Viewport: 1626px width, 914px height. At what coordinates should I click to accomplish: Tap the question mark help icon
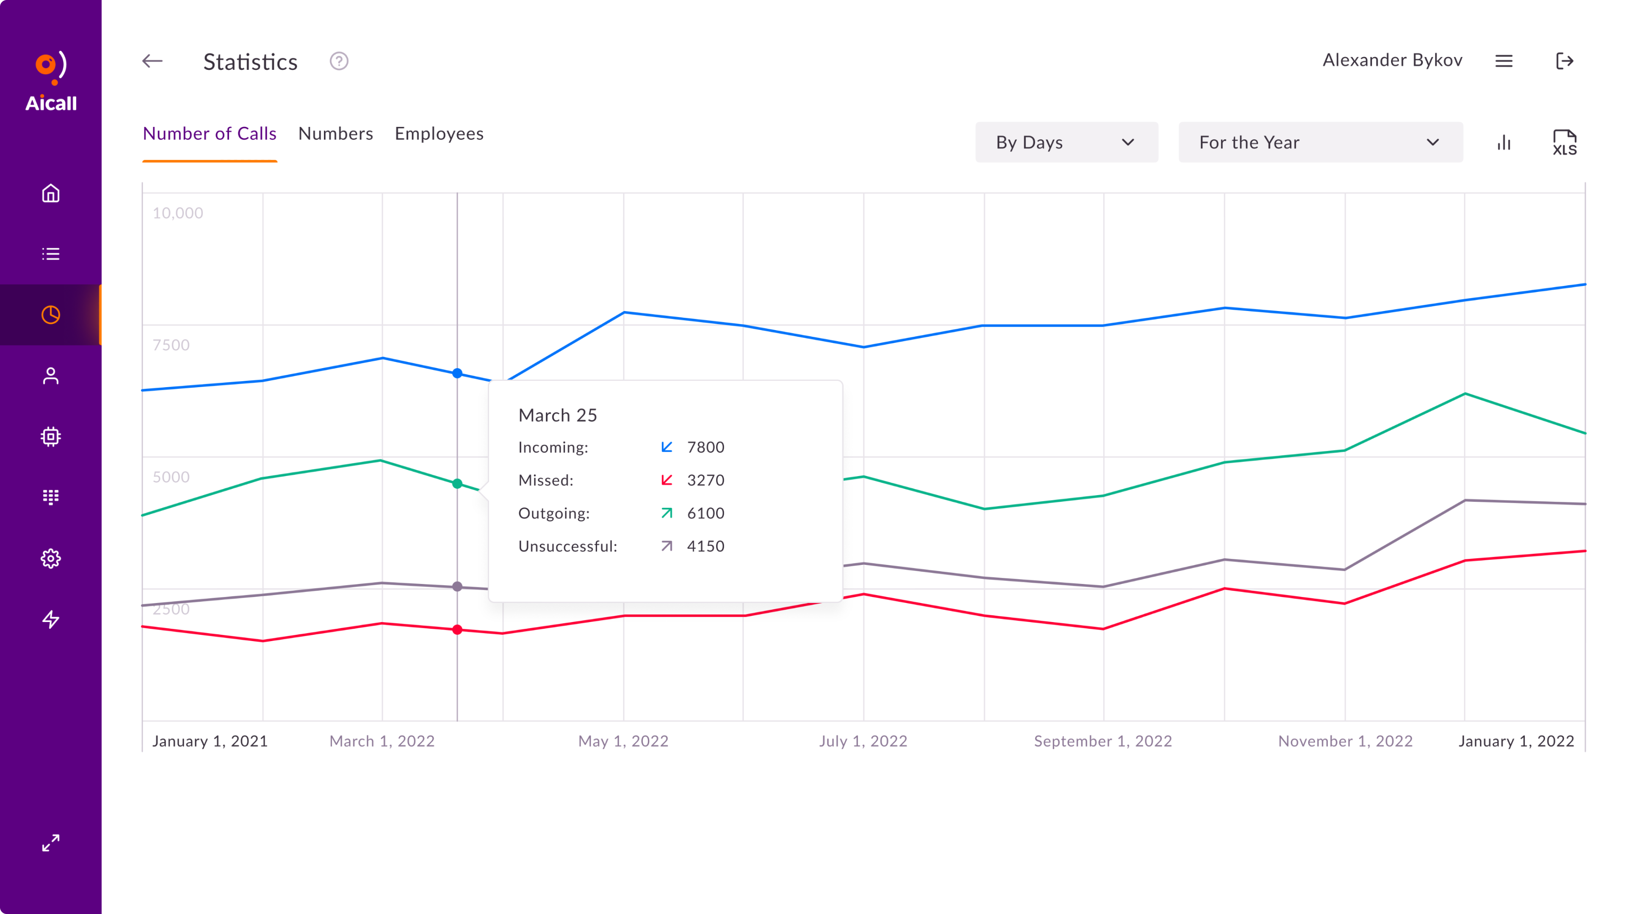[339, 61]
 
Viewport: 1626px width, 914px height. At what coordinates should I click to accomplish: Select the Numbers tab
[335, 134]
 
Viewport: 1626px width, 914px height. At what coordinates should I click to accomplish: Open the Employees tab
[439, 134]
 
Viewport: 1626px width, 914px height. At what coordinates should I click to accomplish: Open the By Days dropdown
[1066, 143]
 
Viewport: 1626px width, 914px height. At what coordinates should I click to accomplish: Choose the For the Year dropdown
[1320, 143]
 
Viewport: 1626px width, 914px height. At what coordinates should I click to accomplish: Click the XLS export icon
[1564, 143]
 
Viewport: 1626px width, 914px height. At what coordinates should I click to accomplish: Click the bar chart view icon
[1504, 143]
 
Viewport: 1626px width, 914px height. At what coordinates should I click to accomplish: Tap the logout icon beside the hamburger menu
[1564, 61]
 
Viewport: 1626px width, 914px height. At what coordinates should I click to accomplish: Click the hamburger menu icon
[1504, 61]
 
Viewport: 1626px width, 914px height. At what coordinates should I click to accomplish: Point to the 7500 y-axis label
[171, 345]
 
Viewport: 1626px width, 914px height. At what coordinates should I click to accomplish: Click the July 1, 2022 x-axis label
[863, 741]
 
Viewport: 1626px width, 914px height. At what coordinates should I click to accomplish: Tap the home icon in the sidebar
[50, 193]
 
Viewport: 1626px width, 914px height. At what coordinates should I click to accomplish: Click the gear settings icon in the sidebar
[50, 558]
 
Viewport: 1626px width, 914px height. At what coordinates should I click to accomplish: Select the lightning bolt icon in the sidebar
[50, 619]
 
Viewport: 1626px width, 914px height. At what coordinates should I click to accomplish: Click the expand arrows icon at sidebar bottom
[50, 843]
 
